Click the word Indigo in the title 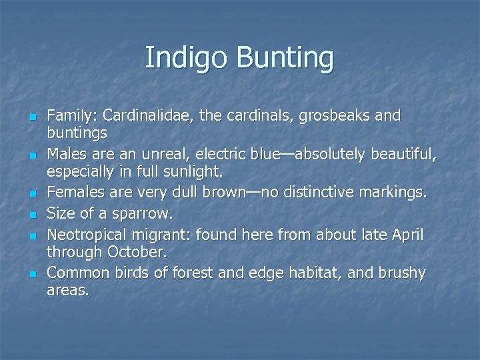pyautogui.click(x=177, y=58)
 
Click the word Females pyautogui.click(x=73, y=194)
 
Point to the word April pyautogui.click(x=405, y=235)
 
